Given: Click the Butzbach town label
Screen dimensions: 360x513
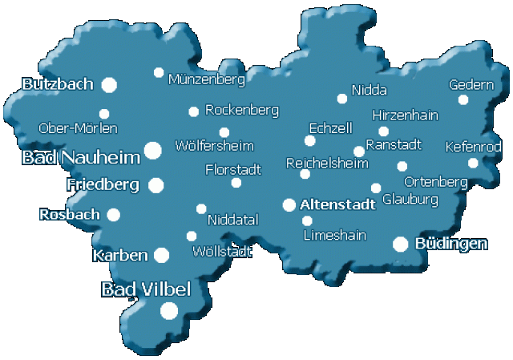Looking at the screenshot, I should (58, 84).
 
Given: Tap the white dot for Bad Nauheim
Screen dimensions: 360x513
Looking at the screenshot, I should (152, 149).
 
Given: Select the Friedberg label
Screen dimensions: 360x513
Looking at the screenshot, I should (103, 185).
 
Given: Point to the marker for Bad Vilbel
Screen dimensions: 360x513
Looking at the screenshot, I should (169, 310).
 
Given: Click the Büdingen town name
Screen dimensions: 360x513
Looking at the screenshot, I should (451, 243).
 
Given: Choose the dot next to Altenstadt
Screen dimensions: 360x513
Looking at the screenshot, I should (289, 205).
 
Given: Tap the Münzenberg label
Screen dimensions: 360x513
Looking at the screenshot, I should (206, 79).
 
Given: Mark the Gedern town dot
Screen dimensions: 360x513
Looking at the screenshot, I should (463, 100).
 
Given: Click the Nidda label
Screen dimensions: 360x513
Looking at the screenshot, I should (369, 90).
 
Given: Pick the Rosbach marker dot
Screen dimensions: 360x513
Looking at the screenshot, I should (114, 214).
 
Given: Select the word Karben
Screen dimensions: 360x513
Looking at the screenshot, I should (120, 256).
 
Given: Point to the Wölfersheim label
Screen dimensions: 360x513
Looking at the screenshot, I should (214, 147).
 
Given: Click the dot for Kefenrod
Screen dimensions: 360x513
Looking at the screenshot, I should (473, 163).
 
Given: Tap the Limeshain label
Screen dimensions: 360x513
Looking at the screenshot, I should (334, 235).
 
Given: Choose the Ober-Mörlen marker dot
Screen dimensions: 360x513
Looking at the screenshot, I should (104, 114).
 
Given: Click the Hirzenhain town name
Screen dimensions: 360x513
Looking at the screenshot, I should (405, 115).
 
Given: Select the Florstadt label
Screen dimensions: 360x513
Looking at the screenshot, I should (233, 170).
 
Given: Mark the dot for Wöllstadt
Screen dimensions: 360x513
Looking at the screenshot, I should (192, 236).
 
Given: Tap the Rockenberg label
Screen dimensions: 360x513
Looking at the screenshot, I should (241, 109).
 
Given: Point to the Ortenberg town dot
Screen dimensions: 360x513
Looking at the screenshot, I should (402, 167).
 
